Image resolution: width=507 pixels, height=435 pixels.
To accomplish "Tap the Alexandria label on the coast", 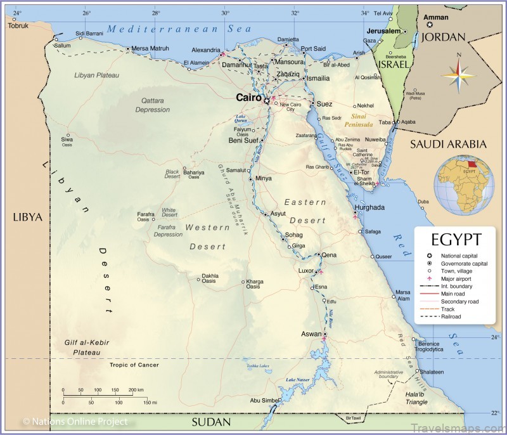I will click(205, 49).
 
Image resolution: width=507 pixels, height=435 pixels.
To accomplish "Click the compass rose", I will click(458, 76).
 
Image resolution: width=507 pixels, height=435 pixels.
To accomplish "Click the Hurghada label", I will click(369, 207).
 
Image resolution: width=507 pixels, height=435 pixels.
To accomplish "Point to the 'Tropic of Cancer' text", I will click(134, 365).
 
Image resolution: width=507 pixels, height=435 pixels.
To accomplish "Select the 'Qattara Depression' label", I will click(152, 105).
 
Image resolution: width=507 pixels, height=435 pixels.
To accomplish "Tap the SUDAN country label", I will click(211, 422).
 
